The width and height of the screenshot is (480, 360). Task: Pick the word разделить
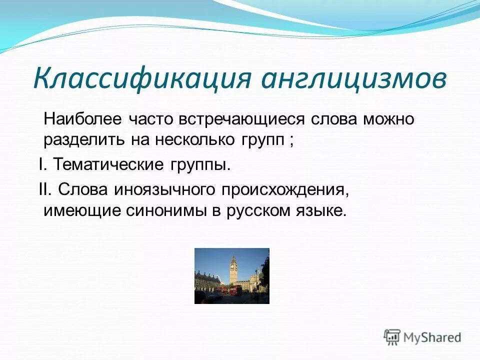pyautogui.click(x=84, y=140)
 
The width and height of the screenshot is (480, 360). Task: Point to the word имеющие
pyautogui.click(x=77, y=210)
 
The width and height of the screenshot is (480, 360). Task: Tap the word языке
pyautogui.click(x=320, y=210)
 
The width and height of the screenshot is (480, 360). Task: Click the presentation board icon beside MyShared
pyautogui.click(x=392, y=336)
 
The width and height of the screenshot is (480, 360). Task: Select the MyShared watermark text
pyautogui.click(x=432, y=337)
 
